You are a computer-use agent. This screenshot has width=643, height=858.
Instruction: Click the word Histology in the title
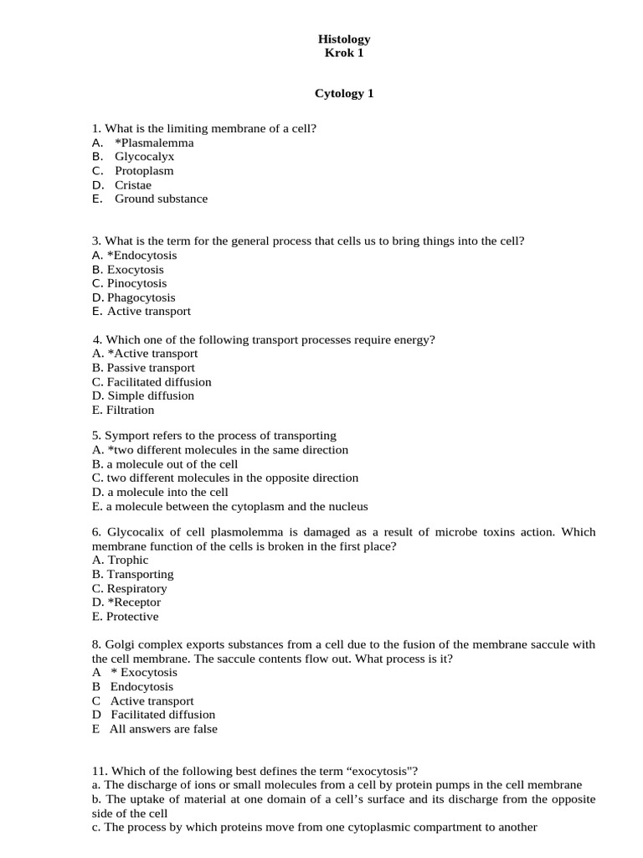tap(344, 39)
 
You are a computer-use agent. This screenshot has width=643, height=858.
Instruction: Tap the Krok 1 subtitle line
tap(344, 54)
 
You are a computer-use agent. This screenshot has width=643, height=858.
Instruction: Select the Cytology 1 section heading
tap(344, 94)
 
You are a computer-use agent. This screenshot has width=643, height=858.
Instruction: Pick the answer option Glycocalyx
tap(145, 157)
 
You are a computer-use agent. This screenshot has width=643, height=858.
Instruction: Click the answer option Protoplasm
tap(144, 171)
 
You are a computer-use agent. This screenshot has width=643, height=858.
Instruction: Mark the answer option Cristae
tap(133, 185)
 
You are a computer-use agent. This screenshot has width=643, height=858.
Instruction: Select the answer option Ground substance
tap(161, 199)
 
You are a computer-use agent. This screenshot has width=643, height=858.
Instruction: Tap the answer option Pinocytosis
tap(136, 283)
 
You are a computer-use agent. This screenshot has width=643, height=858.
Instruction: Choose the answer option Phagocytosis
tap(141, 297)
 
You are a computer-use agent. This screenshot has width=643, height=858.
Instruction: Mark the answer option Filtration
tap(131, 410)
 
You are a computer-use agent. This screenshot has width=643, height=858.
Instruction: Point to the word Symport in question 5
tap(126, 436)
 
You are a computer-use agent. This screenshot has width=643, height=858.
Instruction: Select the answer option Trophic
tap(127, 560)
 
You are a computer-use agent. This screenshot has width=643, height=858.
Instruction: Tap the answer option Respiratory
tap(136, 588)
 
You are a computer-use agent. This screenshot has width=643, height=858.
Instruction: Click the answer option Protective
tap(132, 617)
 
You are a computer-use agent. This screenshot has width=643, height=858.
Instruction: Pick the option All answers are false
tap(163, 729)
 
